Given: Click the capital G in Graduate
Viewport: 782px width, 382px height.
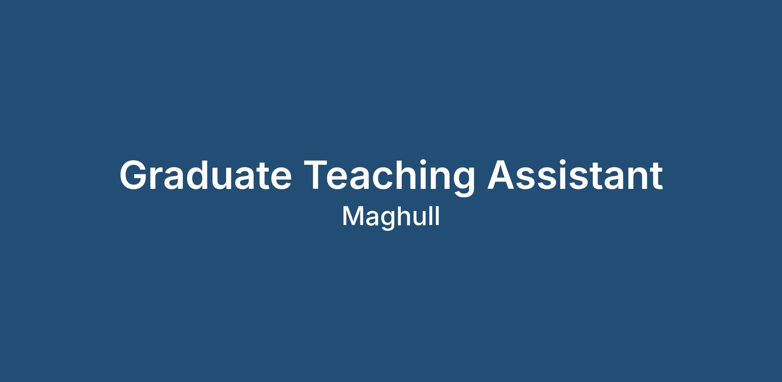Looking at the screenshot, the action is point(134,175).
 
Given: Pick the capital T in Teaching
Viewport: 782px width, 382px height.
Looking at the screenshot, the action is point(316,175).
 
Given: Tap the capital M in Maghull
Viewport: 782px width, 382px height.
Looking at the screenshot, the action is point(353,216).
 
